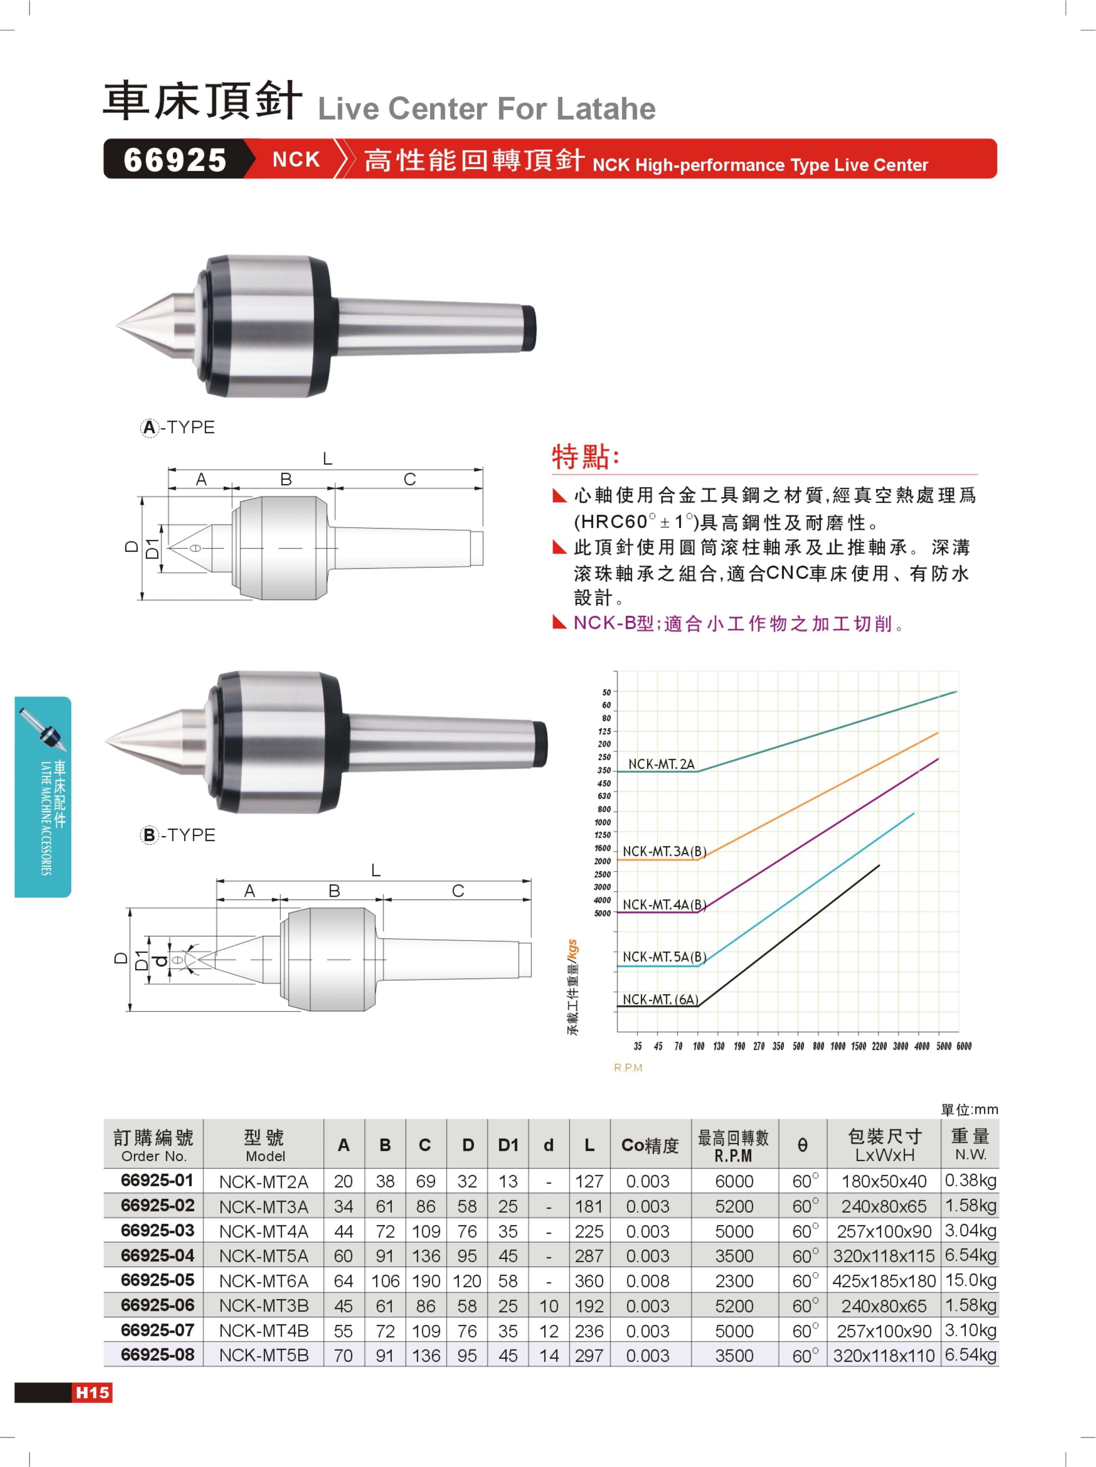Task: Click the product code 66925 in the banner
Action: [x=175, y=160]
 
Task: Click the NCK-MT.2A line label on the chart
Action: [x=661, y=764]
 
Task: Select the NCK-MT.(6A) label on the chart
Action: [x=660, y=999]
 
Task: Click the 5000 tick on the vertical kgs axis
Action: [x=602, y=913]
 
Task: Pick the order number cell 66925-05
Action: [x=157, y=1280]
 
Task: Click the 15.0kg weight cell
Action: [x=971, y=1280]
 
